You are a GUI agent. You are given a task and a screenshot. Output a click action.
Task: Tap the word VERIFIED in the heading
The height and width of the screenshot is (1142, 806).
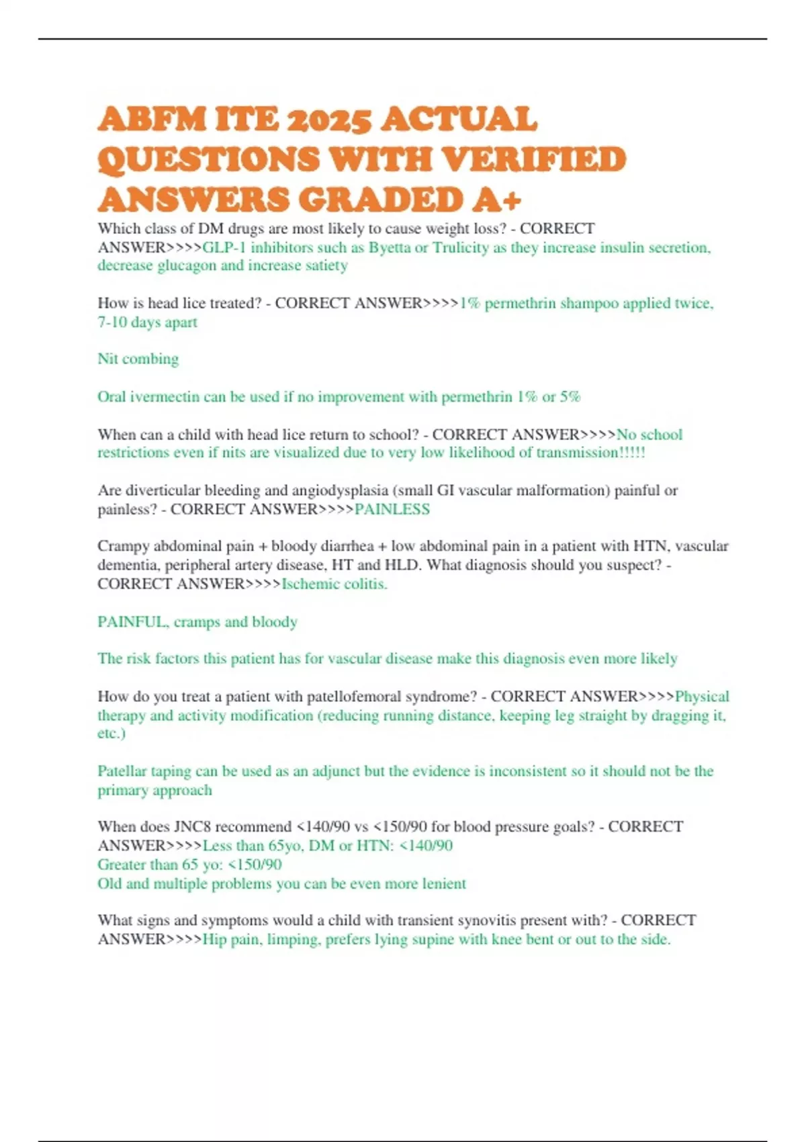point(535,160)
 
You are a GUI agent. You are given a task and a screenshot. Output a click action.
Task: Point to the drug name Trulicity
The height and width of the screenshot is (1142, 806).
point(461,247)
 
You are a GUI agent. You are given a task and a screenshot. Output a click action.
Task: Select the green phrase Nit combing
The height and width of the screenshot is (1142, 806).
point(138,359)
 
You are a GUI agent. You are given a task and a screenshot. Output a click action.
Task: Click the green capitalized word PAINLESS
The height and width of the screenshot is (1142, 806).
point(392,509)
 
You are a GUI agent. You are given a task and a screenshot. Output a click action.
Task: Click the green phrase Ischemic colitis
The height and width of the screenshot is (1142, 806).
point(334,584)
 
